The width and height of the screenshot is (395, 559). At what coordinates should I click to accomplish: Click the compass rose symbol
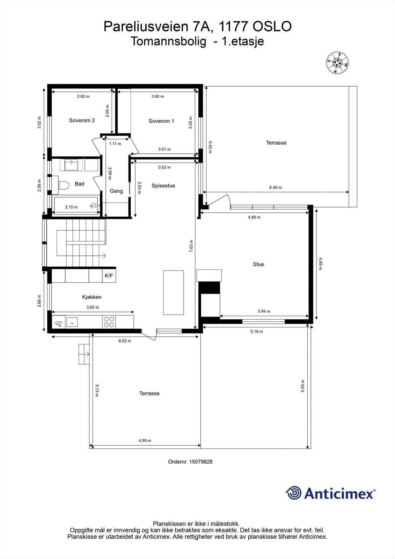pos(337,63)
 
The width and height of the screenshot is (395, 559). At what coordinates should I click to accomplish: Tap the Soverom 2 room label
pos(82,120)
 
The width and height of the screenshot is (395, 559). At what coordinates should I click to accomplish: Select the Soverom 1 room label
pos(161,121)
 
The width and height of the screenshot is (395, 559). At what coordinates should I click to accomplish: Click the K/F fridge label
pos(109,276)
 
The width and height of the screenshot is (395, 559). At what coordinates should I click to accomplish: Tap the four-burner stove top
pos(109,322)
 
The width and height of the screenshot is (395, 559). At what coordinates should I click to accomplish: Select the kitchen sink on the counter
pos(72,322)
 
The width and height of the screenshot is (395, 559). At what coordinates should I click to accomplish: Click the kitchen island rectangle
pos(174,292)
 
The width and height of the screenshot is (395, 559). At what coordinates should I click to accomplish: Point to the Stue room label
pos(258,264)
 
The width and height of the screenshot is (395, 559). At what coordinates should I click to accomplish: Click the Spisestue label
pos(163,186)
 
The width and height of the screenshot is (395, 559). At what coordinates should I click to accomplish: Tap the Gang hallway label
pos(116,191)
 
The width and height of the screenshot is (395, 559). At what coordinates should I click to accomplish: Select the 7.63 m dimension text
pos(191,246)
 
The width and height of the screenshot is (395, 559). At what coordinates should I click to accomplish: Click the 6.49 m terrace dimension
pos(276,187)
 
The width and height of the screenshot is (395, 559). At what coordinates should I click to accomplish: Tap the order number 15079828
pos(201,462)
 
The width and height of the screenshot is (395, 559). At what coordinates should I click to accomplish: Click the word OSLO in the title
pos(272,27)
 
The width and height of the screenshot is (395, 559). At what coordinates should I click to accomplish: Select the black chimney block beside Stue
pos(209,288)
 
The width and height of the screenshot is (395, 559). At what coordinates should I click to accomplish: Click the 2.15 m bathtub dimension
pos(71,207)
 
